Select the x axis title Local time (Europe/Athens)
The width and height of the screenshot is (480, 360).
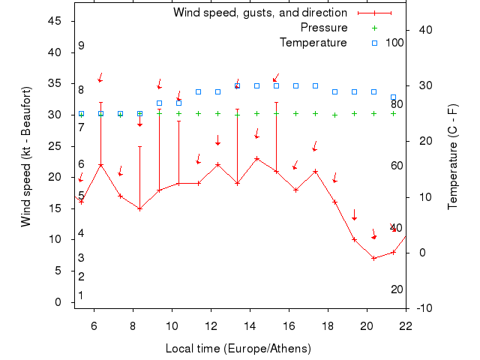click(x=238, y=349)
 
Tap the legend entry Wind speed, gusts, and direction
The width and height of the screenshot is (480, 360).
click(x=259, y=13)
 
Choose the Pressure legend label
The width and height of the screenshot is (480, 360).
click(x=324, y=28)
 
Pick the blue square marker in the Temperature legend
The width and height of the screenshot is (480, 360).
click(x=374, y=43)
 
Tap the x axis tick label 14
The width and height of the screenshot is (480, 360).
click(x=250, y=325)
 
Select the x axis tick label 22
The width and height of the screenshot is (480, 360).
click(x=406, y=325)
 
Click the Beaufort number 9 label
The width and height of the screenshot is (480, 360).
click(x=81, y=46)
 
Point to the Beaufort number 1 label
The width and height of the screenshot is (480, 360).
click(x=81, y=295)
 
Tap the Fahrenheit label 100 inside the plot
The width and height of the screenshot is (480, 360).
click(x=394, y=43)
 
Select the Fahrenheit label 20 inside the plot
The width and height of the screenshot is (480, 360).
click(x=397, y=289)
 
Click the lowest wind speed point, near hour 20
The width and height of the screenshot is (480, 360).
click(x=373, y=258)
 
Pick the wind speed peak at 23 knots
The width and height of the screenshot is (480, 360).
click(x=256, y=158)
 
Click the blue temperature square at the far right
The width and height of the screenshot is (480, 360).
click(x=393, y=97)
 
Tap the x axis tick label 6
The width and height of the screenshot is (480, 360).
click(x=94, y=325)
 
